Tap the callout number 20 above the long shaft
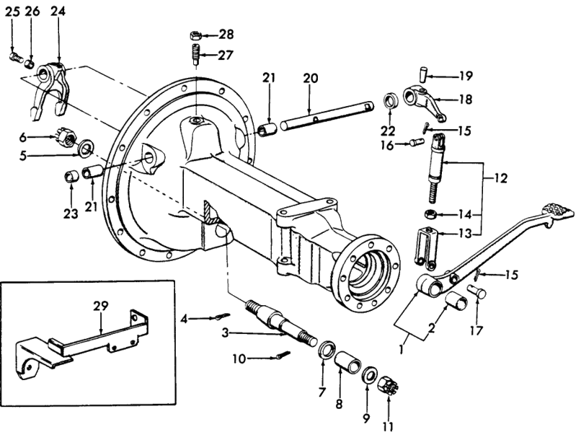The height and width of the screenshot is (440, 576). coord(310,77)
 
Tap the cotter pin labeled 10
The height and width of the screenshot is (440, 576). coord(283,356)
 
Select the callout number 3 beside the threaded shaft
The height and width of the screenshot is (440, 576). coord(225,333)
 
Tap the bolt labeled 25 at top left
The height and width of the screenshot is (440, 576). coord(14,56)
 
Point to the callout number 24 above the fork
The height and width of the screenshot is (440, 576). coord(58,12)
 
